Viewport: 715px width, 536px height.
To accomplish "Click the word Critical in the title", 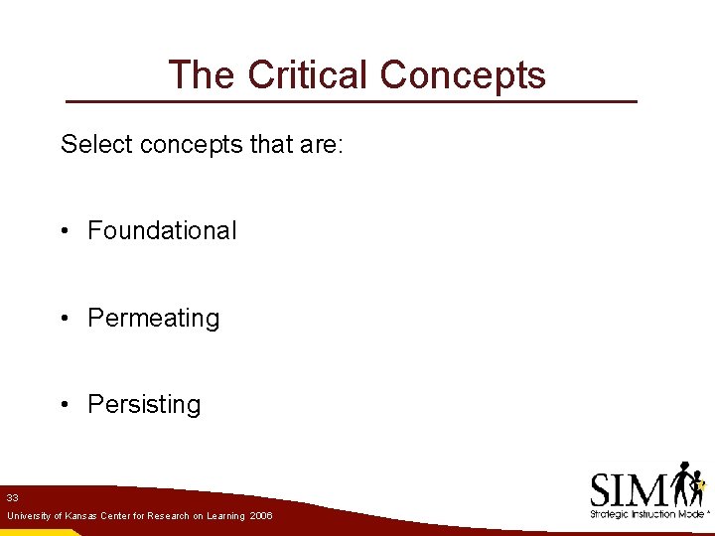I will click(309, 75).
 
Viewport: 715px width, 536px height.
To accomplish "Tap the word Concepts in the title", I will click(463, 75).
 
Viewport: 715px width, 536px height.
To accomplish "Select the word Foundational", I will click(163, 231).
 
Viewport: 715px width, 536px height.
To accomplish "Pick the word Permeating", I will click(154, 319).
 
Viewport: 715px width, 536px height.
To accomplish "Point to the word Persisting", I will click(144, 405).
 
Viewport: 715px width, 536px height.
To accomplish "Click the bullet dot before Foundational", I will click(64, 231).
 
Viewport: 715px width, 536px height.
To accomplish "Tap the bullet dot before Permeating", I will click(64, 319).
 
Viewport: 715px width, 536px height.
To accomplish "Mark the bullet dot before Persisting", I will click(64, 405).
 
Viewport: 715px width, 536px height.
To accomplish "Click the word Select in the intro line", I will click(97, 145).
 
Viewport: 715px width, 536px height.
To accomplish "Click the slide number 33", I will click(12, 497).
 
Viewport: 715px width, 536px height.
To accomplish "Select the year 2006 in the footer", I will click(261, 517).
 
